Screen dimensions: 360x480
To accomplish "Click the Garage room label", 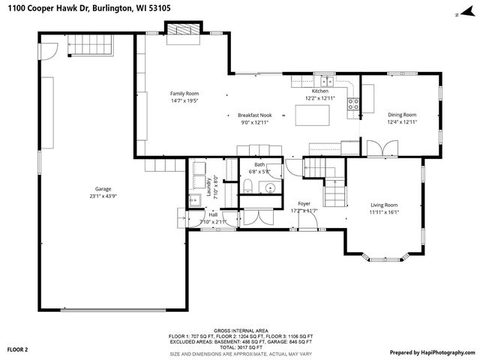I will point(103,188).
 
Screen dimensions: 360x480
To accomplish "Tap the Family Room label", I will point(182,93).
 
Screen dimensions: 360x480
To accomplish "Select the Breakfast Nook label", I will point(255,115).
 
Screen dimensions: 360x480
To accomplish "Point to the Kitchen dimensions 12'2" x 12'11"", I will point(320,98).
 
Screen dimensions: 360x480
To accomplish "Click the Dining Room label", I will point(401,115).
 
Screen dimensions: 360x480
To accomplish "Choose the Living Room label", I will point(383,205).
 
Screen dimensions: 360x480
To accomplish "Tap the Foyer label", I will point(304,203).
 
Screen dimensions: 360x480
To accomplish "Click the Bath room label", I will point(259,164).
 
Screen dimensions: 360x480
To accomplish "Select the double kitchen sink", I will point(326,80).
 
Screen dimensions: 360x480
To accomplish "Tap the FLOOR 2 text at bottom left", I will point(17,349).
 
